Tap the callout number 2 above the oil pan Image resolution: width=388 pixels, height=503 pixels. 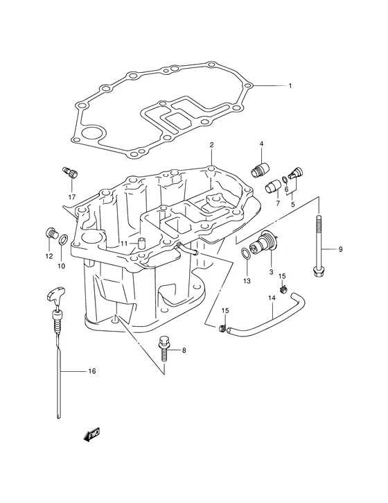point(211,145)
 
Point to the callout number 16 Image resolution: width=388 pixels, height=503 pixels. point(92,371)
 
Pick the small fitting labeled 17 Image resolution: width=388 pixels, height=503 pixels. point(69,171)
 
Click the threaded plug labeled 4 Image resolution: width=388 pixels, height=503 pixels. point(261,169)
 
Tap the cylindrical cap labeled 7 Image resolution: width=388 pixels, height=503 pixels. point(273,187)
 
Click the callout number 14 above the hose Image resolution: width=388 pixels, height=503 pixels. point(272,298)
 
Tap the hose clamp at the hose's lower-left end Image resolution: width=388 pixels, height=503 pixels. point(222,328)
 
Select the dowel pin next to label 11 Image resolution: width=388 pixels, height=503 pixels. point(141,243)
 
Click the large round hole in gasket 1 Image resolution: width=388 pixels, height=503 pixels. point(91,134)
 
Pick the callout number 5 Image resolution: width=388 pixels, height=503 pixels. point(292,204)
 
